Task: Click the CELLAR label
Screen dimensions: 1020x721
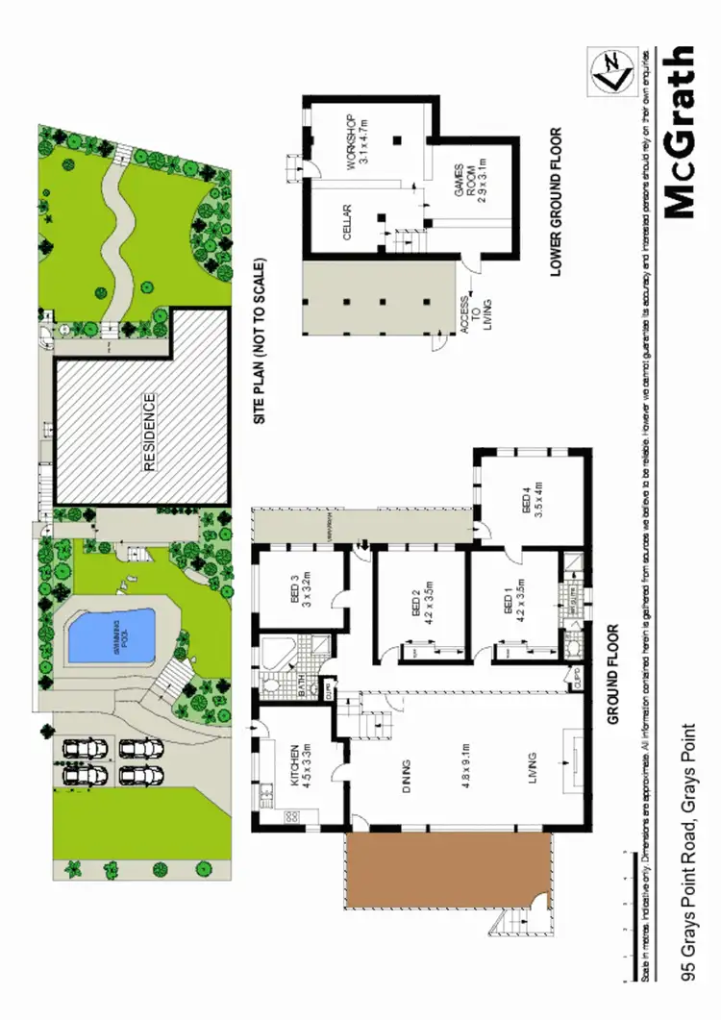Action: click(348, 222)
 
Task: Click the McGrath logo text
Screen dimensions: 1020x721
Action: click(679, 132)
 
